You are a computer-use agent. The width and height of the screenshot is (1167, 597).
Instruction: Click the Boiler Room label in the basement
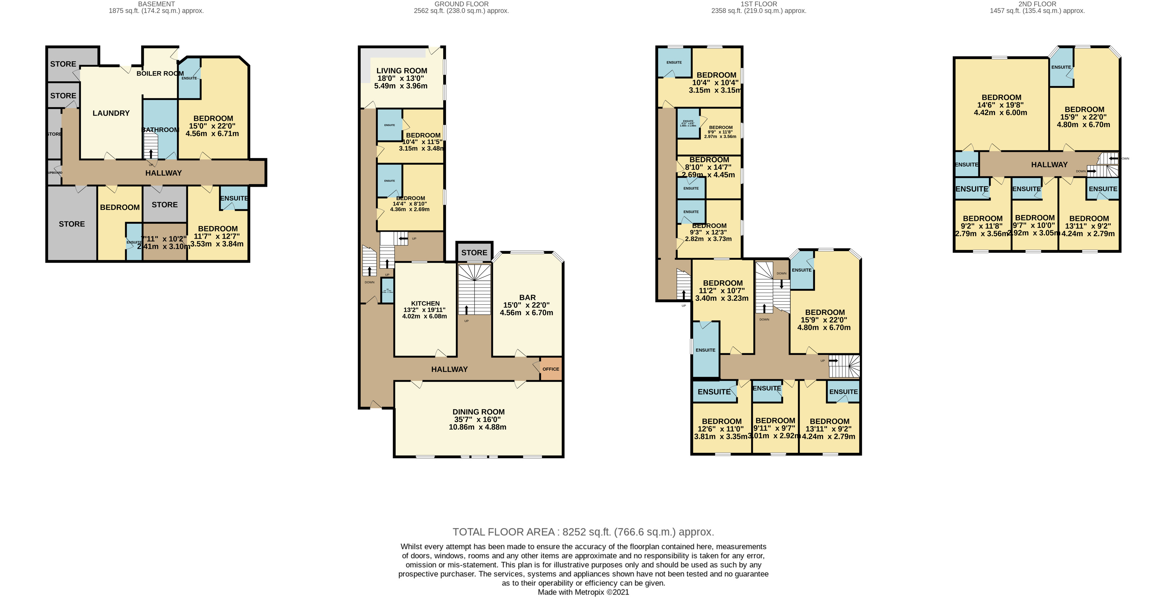[x=160, y=74]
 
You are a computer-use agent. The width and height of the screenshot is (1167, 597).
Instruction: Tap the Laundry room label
[x=111, y=113]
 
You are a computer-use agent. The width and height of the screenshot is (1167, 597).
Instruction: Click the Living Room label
[x=401, y=71]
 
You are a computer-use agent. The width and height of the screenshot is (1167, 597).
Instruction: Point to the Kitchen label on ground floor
[x=425, y=304]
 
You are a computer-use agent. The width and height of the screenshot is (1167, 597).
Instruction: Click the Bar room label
[x=527, y=298]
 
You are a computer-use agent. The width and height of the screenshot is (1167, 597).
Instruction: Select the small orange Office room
[x=550, y=369]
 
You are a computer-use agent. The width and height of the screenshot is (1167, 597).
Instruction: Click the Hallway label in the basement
[x=163, y=173]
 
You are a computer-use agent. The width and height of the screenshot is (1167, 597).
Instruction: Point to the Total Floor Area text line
[x=583, y=532]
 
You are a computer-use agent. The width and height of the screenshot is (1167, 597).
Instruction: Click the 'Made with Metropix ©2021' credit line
[x=583, y=592]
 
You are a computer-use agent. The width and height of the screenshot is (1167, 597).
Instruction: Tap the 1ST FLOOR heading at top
[x=758, y=4]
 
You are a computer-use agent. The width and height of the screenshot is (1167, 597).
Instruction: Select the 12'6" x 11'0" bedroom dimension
[x=721, y=429]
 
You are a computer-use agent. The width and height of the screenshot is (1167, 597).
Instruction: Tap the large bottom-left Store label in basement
[x=72, y=224]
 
